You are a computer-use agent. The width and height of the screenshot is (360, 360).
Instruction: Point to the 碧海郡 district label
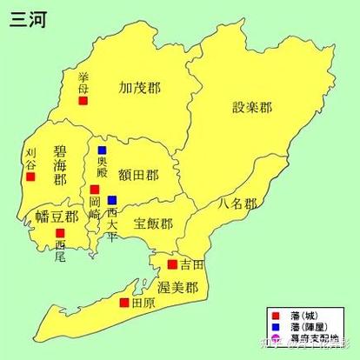coord(60,165)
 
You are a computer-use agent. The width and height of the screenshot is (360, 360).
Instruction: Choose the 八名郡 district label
coord(237,204)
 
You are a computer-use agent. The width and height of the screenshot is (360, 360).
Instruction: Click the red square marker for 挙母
coord(83,101)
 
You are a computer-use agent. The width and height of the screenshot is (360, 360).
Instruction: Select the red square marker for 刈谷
coord(30,177)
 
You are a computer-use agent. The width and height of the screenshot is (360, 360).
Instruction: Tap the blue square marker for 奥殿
coord(102,150)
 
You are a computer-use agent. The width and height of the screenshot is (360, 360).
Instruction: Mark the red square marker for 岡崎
coord(95,189)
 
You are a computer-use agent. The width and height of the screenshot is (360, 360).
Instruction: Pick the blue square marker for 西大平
coord(111,200)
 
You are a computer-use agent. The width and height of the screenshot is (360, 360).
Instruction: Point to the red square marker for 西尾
coord(60,233)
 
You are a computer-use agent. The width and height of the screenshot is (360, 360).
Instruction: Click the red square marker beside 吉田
coord(172,263)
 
